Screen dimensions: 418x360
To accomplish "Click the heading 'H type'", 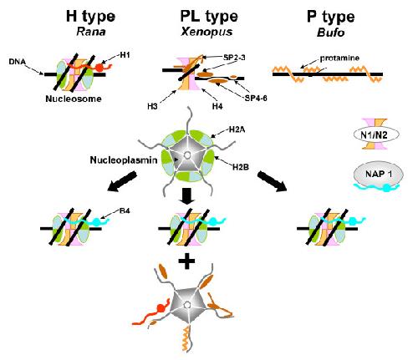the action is click(x=90, y=17).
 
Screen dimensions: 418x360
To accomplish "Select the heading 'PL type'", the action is click(x=209, y=17).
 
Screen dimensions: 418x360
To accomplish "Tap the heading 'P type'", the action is click(x=331, y=18).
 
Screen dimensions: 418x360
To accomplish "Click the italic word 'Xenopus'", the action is click(x=206, y=33).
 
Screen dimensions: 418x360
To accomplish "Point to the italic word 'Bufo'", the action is click(x=331, y=33).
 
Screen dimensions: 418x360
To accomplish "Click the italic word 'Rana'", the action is click(x=91, y=32).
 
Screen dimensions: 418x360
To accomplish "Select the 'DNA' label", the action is click(x=18, y=61).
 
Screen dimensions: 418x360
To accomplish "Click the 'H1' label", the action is click(x=125, y=55).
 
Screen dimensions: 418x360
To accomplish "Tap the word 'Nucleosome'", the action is click(x=74, y=99).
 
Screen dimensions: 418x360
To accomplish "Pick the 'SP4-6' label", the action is click(x=256, y=98).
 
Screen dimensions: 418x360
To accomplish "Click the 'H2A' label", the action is click(x=237, y=129).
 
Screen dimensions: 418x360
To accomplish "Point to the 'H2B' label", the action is click(x=241, y=167).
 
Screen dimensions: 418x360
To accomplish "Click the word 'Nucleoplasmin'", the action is click(x=124, y=160).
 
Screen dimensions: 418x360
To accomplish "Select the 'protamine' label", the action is click(x=339, y=58).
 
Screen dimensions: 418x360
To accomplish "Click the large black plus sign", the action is click(x=186, y=261).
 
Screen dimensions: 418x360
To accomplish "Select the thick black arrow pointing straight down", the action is click(x=186, y=196).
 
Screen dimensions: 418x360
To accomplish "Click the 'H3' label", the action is click(x=153, y=106).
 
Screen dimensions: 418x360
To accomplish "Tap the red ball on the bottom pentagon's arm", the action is click(x=161, y=308).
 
